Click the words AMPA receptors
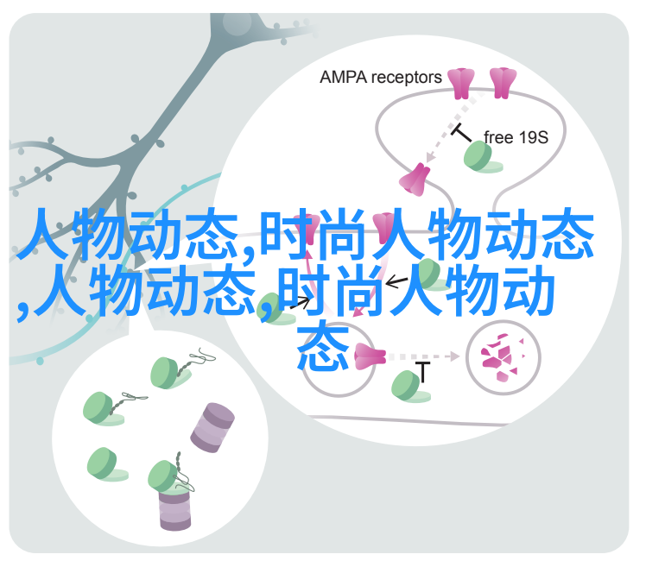point(380,78)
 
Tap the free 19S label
point(516,137)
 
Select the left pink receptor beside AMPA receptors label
point(460,84)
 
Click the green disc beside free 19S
point(482,157)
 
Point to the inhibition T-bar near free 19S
point(460,132)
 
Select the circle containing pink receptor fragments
point(503,356)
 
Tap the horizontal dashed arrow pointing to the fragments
point(424,356)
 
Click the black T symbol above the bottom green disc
point(422,372)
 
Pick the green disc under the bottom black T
point(409,387)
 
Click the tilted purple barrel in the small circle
point(212,428)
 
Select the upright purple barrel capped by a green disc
point(174,507)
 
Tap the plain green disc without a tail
point(107,464)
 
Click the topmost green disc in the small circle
point(170,374)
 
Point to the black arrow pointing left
point(396,282)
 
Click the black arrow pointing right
point(301,304)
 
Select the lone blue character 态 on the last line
point(323,346)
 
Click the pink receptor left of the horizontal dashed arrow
point(370,356)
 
